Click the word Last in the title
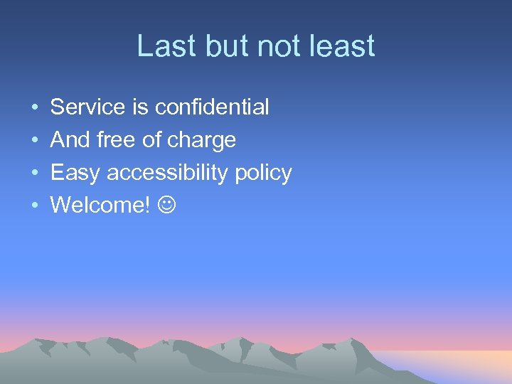coord(161,47)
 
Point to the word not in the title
coord(274,47)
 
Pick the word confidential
coord(212,107)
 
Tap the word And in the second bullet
coord(69,140)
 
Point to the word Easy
coord(76,174)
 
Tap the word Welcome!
coord(100,206)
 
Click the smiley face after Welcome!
coord(166,206)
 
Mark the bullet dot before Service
coord(34,108)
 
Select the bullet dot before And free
coord(34,141)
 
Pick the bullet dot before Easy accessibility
coord(34,174)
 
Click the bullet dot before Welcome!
coord(34,206)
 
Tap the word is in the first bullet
coord(139,107)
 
